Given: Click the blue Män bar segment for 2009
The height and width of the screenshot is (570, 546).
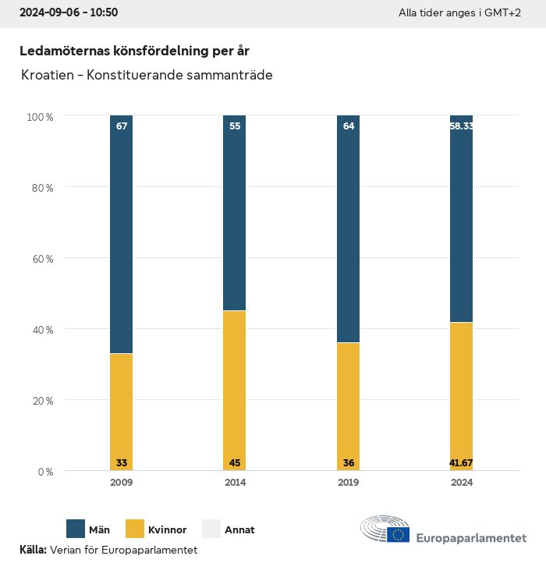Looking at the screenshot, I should tap(121, 234).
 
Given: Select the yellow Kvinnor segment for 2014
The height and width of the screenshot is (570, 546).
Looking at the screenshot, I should tap(235, 390).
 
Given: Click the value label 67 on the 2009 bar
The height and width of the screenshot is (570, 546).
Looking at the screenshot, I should tap(122, 126).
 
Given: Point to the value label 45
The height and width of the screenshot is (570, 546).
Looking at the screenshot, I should tap(235, 463).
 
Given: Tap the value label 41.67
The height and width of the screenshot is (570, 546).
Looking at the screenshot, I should tap(461, 463).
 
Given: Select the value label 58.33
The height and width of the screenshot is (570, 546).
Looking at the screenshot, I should tap(461, 126).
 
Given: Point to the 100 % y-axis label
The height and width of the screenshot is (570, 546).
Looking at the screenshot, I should tap(40, 117).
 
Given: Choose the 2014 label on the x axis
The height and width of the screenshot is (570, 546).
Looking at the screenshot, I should tap(235, 483).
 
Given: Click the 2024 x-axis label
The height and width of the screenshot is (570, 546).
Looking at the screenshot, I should tap(461, 483).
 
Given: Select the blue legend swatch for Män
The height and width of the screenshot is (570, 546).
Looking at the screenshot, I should tap(76, 529).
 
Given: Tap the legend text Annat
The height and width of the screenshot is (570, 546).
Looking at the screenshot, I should tap(239, 530).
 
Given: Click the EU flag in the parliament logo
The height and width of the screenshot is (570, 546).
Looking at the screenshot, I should tap(399, 534).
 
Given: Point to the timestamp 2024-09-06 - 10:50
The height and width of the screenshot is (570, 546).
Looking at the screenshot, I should tap(69, 13).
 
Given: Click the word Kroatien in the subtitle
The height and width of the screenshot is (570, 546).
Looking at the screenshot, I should tap(50, 76).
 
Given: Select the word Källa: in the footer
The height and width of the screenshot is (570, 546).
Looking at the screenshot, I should tap(33, 550).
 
